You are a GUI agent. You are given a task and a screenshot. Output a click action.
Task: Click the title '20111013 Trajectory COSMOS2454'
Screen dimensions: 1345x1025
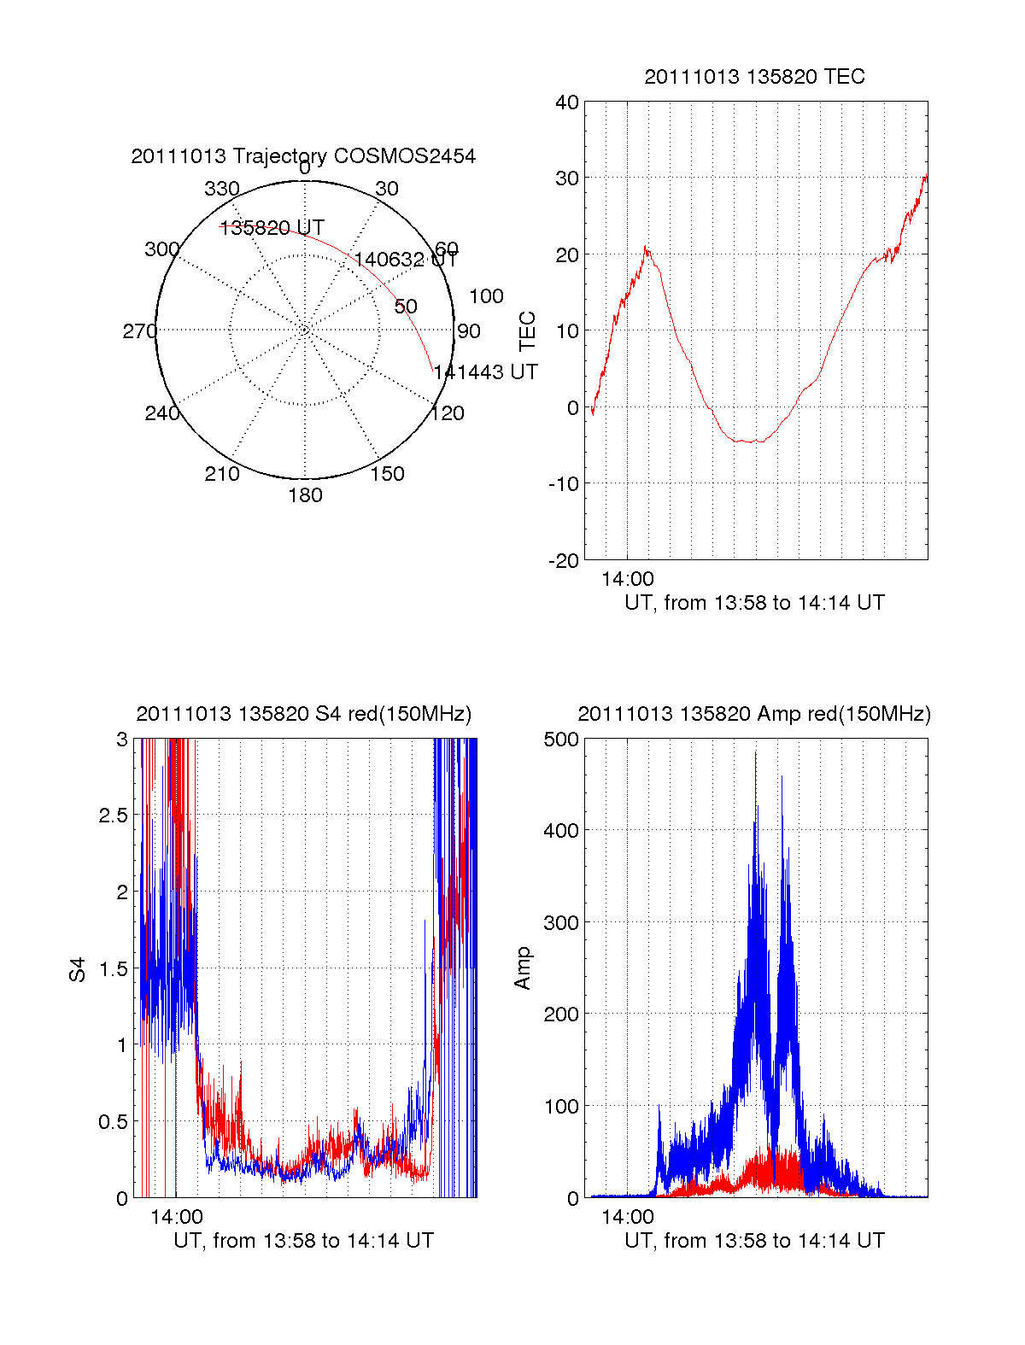[303, 156]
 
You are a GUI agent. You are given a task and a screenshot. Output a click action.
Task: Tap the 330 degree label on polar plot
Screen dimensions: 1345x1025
[221, 189]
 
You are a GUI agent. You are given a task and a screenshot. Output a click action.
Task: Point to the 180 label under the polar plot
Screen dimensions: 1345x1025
[305, 495]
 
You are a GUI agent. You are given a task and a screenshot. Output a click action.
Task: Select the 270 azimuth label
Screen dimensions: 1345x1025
[139, 331]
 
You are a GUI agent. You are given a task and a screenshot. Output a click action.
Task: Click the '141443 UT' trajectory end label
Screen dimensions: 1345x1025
[485, 372]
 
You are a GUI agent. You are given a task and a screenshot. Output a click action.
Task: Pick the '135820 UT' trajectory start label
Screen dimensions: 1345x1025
[272, 228]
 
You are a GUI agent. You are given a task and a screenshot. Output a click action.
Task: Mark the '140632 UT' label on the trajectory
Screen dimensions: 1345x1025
[406, 260]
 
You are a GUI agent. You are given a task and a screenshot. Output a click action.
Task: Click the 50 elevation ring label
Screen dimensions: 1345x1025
[406, 307]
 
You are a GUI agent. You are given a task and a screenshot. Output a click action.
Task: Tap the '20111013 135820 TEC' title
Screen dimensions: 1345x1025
[754, 77]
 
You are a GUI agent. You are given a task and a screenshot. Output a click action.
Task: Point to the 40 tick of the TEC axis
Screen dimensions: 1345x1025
[567, 102]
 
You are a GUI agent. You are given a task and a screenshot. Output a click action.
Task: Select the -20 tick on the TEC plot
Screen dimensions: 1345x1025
[564, 561]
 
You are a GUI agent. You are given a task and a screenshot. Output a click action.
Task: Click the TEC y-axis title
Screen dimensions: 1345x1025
[528, 331]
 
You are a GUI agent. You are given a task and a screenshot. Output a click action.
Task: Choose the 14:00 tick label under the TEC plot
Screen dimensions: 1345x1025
[627, 579]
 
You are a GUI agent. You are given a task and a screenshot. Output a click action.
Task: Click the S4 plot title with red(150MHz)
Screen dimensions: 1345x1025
[303, 714]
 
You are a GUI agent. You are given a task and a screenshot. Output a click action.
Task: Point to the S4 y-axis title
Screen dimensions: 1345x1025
[78, 969]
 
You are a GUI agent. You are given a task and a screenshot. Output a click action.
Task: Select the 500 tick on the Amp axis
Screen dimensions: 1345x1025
[561, 740]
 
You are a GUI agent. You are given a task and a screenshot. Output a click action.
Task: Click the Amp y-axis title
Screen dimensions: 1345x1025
[523, 968]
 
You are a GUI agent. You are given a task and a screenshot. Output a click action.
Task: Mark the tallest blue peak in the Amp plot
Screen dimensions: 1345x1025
[755, 752]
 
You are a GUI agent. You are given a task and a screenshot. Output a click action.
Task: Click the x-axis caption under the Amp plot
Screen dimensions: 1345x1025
[754, 1241]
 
